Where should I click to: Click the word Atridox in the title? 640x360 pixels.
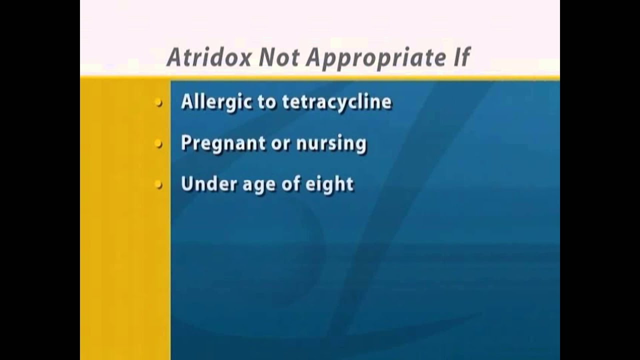point(209,57)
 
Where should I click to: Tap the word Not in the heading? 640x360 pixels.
point(280,57)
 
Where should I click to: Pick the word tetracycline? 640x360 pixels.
point(336,102)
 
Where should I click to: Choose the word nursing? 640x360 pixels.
point(331,144)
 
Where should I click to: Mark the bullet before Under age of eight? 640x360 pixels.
point(159,185)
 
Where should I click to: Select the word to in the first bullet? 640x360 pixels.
point(265,102)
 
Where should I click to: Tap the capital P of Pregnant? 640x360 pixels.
point(186,143)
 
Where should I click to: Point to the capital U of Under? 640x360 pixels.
point(187,184)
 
